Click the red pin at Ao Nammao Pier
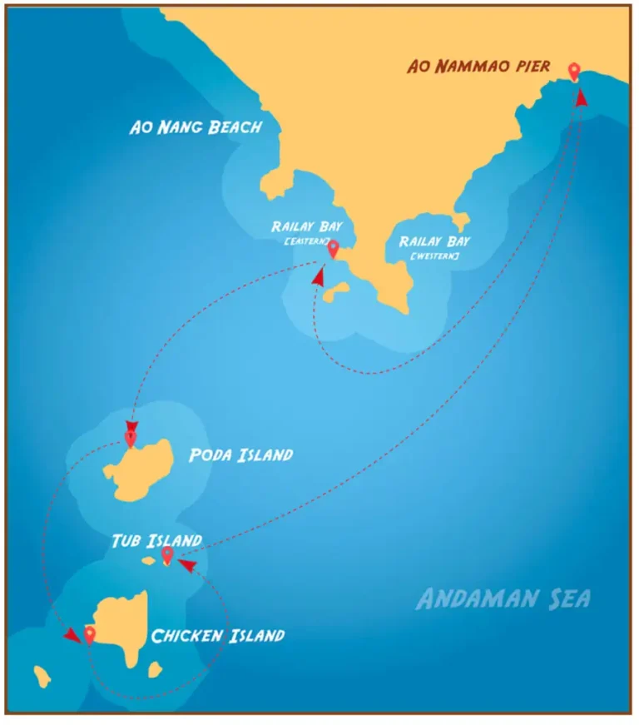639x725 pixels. coord(573,72)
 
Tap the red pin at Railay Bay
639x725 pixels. coord(333,248)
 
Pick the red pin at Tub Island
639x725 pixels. coord(167,554)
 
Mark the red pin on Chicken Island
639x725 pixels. coord(89,635)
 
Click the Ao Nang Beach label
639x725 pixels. coord(196,127)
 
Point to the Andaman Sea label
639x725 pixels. coord(503,598)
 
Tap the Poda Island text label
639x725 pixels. coord(240,455)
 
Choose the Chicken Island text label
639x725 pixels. coord(217,636)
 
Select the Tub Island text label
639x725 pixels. coord(156,540)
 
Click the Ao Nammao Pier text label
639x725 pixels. coord(478,66)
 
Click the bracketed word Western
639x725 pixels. coord(433,256)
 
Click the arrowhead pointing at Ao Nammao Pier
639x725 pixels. coord(581,97)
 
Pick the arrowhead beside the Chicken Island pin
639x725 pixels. coord(73,635)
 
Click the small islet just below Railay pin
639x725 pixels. coord(336,292)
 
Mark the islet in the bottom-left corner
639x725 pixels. coord(41,676)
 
